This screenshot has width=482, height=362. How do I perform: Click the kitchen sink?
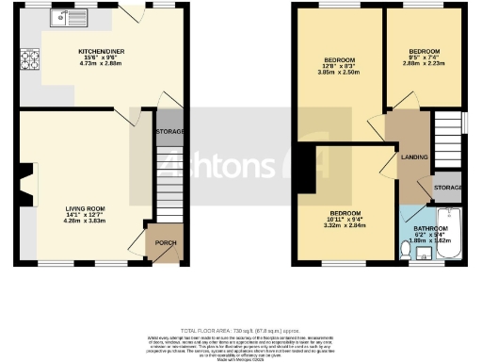click(x=71, y=17)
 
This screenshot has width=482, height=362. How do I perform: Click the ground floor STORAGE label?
click(x=169, y=131)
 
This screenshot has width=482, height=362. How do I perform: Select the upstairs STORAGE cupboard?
click(x=448, y=187)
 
